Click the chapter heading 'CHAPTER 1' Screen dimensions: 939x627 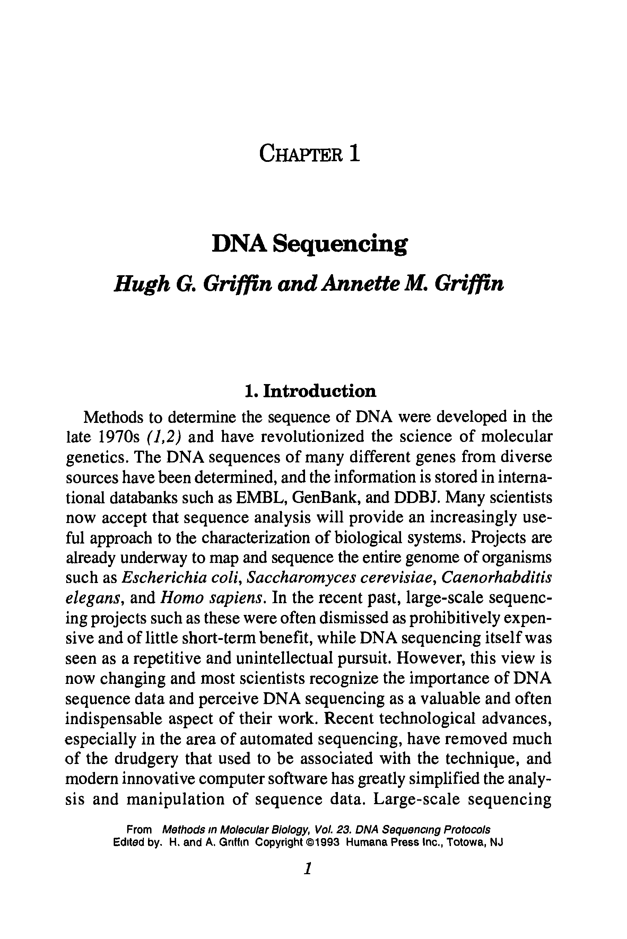click(310, 154)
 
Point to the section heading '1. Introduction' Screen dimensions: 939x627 click(310, 391)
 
